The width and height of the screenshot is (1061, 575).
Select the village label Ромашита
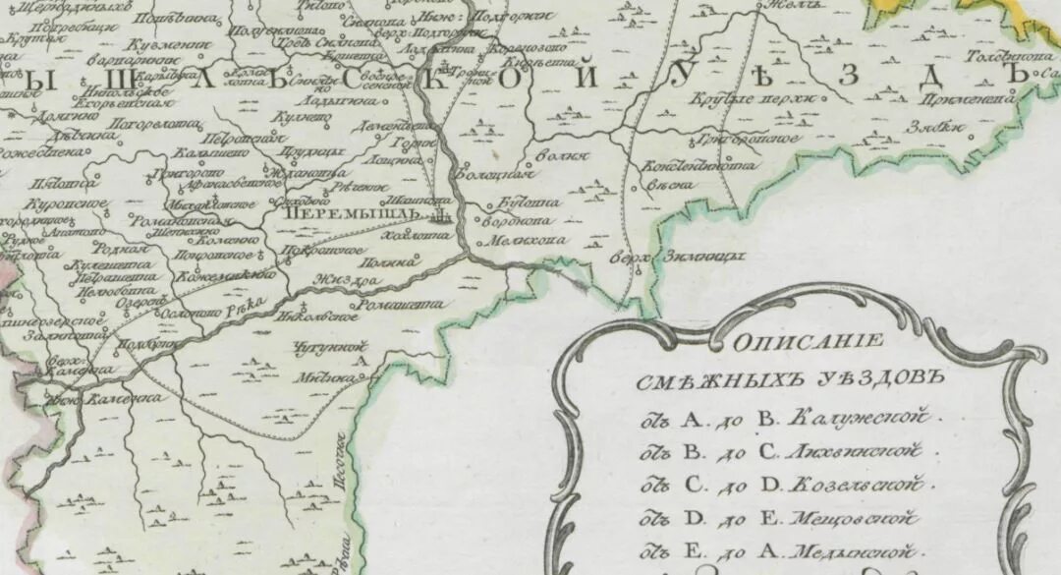point(396,306)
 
